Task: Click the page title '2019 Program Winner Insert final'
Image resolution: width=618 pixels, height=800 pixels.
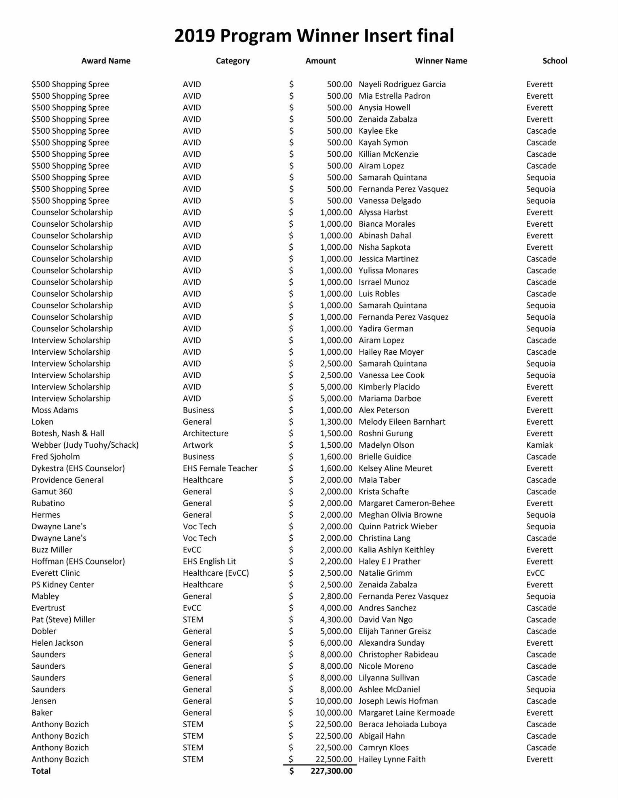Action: [314, 36]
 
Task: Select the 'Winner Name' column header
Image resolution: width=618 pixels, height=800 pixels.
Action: [441, 61]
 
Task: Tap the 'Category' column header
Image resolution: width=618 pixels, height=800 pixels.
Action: [232, 61]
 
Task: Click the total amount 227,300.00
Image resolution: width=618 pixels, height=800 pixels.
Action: [331, 771]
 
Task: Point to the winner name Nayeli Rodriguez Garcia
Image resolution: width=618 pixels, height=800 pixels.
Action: [402, 84]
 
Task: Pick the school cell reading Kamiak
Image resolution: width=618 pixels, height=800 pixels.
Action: [539, 445]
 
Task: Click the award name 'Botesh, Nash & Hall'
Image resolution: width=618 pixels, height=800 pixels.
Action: [68, 434]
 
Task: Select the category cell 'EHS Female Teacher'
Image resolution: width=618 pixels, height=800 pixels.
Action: [220, 468]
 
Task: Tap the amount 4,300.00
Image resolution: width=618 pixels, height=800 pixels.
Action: [336, 620]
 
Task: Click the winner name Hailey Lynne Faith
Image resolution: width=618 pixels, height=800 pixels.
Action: [392, 759]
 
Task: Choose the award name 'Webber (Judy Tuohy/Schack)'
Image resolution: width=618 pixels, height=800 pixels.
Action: [85, 445]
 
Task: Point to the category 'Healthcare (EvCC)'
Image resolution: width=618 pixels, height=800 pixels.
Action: [216, 573]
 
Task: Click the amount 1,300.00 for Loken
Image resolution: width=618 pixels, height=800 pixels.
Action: [336, 422]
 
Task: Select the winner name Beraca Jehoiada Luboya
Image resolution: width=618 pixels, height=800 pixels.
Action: [402, 724]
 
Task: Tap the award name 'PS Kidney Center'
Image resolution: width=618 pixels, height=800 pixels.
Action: [63, 585]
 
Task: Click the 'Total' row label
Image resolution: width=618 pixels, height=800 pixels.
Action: [41, 771]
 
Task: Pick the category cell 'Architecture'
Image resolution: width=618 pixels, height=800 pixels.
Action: [205, 434]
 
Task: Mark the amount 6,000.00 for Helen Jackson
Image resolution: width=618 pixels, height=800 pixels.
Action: [336, 643]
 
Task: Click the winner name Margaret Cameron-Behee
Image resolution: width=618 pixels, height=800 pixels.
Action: [406, 503]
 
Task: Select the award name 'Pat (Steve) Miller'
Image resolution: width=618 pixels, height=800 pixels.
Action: [63, 620]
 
